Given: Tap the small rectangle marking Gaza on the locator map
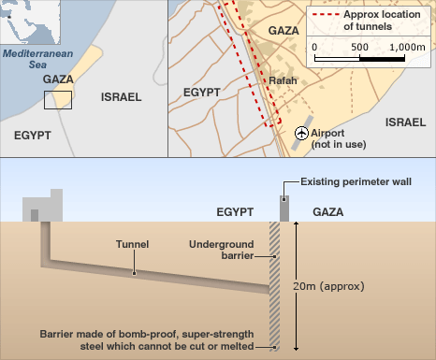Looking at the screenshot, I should (58, 100).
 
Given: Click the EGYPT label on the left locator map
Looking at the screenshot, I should (33, 135).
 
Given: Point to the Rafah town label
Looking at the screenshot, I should (282, 80).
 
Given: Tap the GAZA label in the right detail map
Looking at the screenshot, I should (283, 31).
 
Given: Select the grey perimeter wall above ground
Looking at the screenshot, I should (283, 208).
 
